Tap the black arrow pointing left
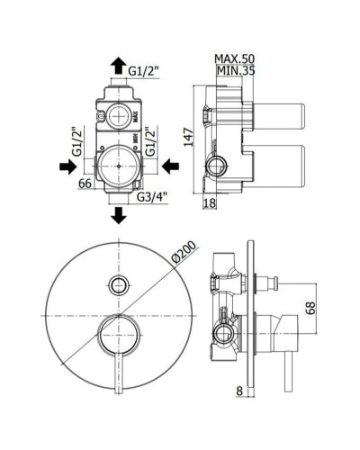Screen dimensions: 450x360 (x=172, y=166)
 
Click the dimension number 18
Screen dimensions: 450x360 (x=210, y=205)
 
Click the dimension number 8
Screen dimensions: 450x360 (x=240, y=391)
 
